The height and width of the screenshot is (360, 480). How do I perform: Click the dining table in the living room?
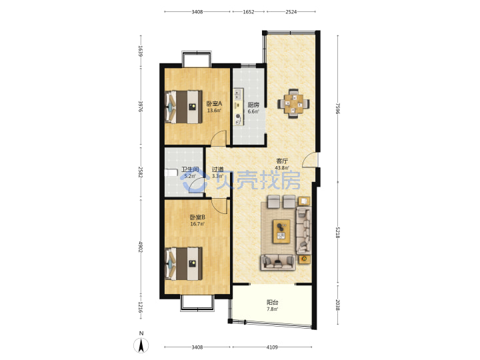point(293,104)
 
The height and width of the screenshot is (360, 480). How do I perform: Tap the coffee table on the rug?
point(281,231)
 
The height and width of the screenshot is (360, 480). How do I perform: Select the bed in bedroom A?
point(184,107)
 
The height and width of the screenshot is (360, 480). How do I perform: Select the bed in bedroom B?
point(184,263)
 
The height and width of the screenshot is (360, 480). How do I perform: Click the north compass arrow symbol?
point(141,345)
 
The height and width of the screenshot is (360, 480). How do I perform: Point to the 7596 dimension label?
point(337,108)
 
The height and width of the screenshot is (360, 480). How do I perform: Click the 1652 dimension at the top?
point(249,12)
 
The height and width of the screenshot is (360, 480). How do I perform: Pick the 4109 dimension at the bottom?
point(272,347)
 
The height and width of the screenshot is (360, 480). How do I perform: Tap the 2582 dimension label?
point(141,172)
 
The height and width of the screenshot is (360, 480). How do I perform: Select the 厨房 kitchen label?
point(253,105)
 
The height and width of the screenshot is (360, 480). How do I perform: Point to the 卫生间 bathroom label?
point(191,169)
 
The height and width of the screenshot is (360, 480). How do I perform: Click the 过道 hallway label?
point(217,169)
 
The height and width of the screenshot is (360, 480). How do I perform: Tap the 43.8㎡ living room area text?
point(282,167)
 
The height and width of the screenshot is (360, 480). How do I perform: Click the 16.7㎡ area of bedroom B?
point(197,224)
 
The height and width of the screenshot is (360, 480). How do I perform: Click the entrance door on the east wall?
point(310,160)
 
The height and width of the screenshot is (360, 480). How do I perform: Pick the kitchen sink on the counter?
point(238,95)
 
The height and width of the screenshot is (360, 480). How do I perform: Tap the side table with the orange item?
point(304,259)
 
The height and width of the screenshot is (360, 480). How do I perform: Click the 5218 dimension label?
point(337,233)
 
